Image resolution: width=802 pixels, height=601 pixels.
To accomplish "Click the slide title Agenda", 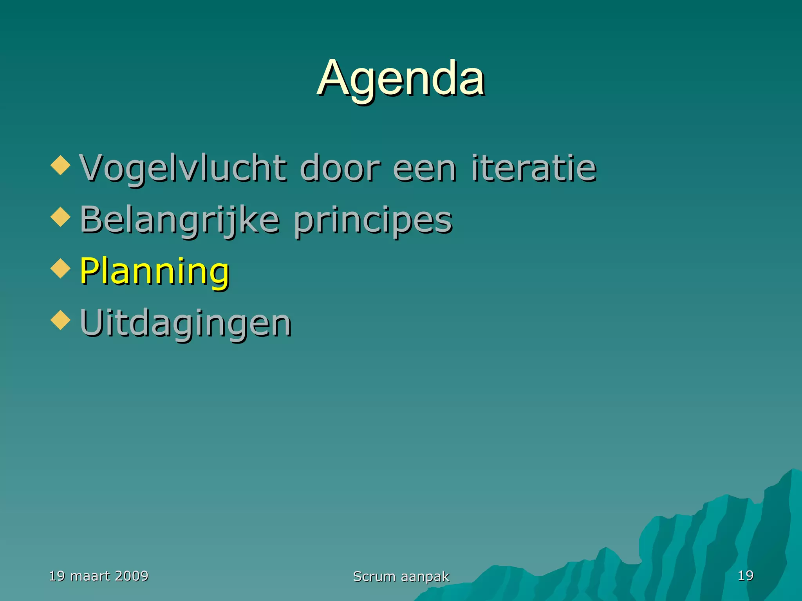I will click(401, 78).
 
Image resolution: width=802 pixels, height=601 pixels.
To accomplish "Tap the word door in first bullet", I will click(340, 168).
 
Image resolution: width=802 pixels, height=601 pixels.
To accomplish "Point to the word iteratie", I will click(534, 168).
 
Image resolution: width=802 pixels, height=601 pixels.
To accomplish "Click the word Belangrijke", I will click(180, 220).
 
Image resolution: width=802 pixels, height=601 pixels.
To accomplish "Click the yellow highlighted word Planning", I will click(154, 272).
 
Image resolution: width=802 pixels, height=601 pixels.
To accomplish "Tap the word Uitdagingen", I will click(186, 323).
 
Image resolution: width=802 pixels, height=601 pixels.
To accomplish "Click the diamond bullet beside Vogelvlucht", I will click(61, 166).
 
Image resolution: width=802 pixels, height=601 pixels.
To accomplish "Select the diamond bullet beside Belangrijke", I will click(61, 217).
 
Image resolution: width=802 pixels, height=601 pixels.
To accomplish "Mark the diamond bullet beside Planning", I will click(61, 268).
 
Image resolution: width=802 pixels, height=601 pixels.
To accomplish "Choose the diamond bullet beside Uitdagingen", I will click(61, 320).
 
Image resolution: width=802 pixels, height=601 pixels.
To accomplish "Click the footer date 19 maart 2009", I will click(99, 576).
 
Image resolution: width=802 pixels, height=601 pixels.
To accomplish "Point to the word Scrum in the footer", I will click(374, 576).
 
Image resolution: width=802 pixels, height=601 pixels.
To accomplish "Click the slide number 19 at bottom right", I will click(745, 576).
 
